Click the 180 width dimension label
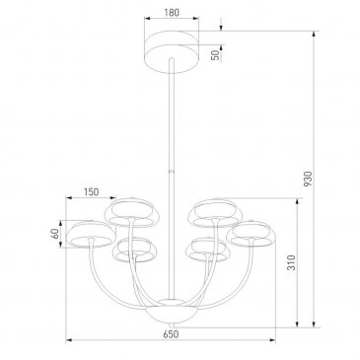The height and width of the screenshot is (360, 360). pos(172,13)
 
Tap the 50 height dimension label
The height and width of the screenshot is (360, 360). pos(215,55)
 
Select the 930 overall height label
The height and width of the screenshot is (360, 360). pos(307,179)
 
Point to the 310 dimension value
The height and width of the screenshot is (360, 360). pos(292,262)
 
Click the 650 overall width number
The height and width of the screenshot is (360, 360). pos(171,334)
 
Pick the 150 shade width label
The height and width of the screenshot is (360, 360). pos(91,191)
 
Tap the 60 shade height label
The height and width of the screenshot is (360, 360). pos(55,234)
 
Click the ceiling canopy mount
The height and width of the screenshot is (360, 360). pos(172,51)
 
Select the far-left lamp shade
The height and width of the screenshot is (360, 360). pos(91,234)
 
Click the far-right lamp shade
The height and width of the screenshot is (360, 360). pos(252,234)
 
